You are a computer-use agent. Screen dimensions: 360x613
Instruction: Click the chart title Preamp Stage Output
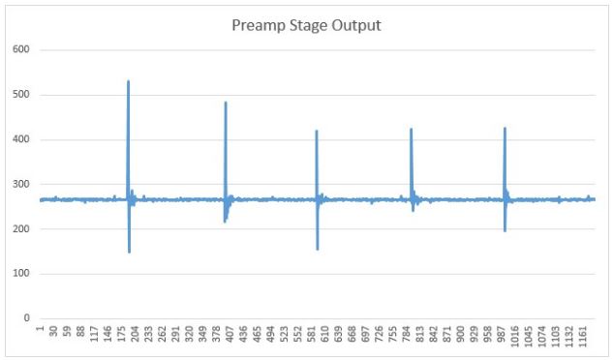(306, 25)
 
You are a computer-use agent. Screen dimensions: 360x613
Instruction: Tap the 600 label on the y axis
(20, 50)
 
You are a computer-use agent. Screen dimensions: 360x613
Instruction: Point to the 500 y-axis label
(20, 95)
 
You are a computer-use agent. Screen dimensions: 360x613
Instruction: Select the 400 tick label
(20, 139)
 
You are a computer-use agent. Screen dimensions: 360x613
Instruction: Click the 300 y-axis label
(20, 184)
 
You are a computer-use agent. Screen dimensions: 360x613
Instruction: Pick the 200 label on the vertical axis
(20, 229)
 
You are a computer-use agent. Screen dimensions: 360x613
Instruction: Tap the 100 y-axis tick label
(20, 274)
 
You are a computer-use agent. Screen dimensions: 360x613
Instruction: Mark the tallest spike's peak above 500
(128, 81)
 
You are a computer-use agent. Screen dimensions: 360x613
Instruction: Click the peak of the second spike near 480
(226, 103)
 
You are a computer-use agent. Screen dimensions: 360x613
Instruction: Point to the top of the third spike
(317, 131)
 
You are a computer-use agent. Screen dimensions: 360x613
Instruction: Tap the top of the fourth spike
(411, 129)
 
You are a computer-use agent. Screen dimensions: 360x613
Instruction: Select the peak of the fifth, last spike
(505, 128)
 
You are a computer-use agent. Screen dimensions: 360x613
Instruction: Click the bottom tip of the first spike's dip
(129, 253)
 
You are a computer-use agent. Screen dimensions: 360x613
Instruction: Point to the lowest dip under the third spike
(318, 250)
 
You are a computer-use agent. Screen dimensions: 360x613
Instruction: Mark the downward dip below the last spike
(506, 231)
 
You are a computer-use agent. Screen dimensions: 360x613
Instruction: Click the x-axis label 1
(40, 333)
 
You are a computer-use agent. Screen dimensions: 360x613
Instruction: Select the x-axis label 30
(53, 335)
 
